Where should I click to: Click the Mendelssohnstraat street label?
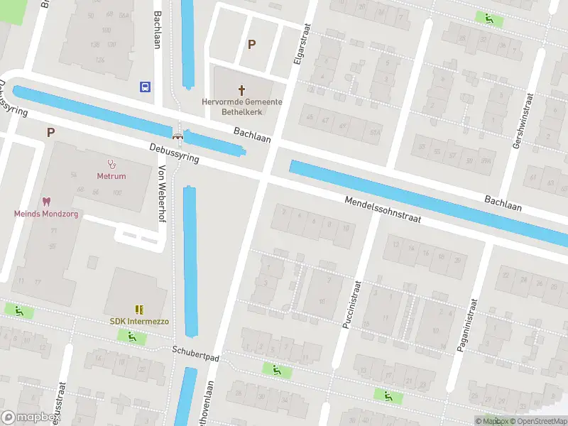(383, 209)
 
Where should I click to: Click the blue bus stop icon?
(145, 87)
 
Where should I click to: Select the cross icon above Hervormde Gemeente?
(241, 90)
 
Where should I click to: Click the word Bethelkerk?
(241, 112)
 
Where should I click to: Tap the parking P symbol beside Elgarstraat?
(251, 44)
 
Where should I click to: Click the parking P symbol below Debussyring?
(50, 132)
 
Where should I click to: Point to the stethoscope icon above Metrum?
(111, 164)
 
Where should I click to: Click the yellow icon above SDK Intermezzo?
(139, 310)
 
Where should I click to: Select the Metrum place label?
(111, 176)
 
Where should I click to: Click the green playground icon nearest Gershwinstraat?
(489, 19)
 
